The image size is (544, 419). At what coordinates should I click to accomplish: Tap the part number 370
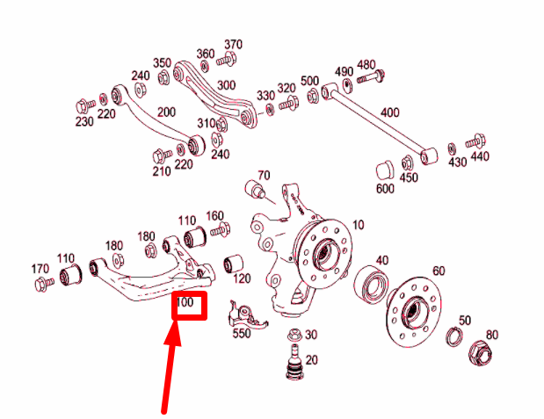tap(233, 45)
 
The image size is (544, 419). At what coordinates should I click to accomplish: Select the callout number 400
tap(390, 112)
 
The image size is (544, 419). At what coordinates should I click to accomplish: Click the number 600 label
tap(385, 190)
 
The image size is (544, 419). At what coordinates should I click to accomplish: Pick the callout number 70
tap(264, 176)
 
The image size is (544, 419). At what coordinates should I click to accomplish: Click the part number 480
tap(366, 65)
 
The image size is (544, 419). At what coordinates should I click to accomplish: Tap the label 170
tap(40, 268)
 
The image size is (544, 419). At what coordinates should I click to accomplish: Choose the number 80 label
tap(492, 334)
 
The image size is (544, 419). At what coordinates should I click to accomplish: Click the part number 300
tap(226, 85)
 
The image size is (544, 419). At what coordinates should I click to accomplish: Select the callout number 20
tap(312, 360)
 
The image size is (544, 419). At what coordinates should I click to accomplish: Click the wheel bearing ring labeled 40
tap(371, 283)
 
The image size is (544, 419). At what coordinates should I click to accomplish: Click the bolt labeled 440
tap(475, 139)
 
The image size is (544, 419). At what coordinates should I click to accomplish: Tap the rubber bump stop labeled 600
tap(384, 168)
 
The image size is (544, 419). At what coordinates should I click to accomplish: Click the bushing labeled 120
tap(233, 263)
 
